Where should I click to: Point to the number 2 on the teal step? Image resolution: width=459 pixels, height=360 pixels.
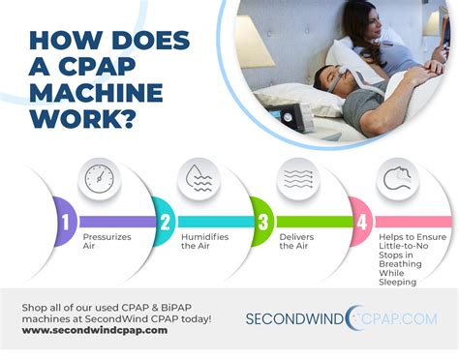[x=165, y=222]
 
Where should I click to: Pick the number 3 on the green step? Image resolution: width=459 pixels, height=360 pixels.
[x=262, y=222]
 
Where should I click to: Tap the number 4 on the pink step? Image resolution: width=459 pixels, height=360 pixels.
[x=361, y=222]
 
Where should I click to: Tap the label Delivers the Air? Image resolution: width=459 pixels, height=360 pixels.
[x=296, y=241]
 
